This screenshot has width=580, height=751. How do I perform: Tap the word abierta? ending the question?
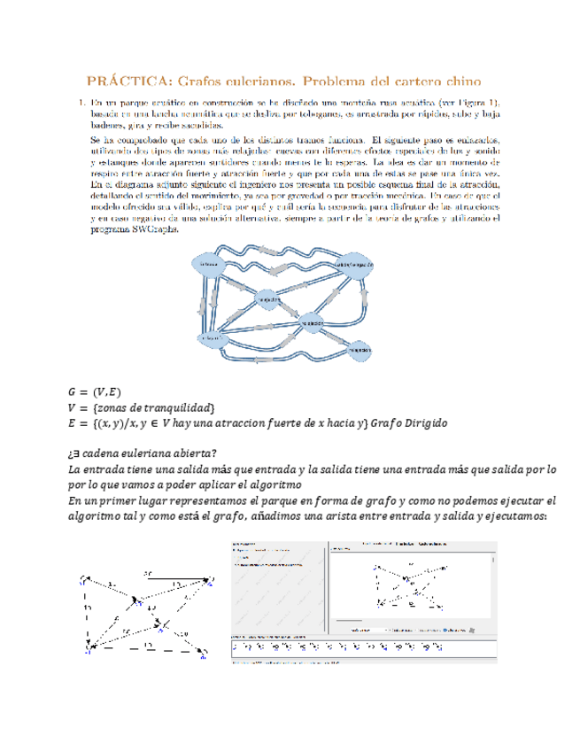pos(193,454)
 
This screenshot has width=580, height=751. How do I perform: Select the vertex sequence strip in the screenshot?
pos(354,646)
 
